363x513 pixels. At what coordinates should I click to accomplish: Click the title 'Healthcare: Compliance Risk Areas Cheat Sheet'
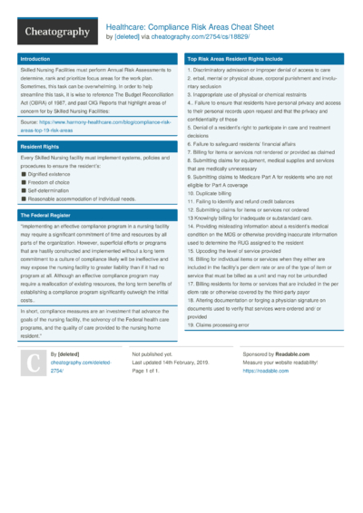(188, 27)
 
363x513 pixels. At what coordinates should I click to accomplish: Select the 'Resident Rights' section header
(39, 145)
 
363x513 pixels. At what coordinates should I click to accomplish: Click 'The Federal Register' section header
(45, 214)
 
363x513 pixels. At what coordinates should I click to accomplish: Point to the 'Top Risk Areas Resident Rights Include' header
(235, 58)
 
